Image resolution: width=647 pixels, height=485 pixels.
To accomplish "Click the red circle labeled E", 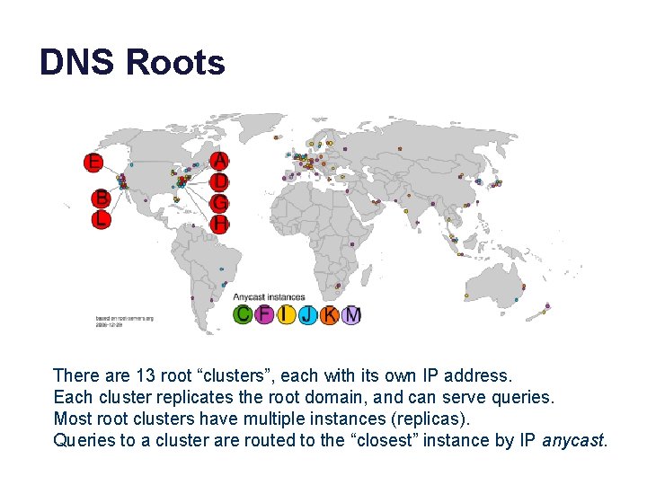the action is pyautogui.click(x=93, y=163).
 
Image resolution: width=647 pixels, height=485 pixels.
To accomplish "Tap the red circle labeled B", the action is pyautogui.click(x=102, y=198).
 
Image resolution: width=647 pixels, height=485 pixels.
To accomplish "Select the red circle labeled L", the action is pyautogui.click(x=102, y=219).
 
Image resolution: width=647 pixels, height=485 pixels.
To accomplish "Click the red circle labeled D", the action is pyautogui.click(x=219, y=182).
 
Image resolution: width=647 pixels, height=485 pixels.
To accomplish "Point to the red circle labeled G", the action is pyautogui.click(x=219, y=203).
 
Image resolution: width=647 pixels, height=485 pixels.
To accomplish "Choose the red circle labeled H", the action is pyautogui.click(x=219, y=223).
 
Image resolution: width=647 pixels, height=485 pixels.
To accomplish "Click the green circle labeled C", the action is pyautogui.click(x=243, y=314).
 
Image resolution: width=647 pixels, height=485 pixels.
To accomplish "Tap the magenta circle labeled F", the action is pyautogui.click(x=264, y=314).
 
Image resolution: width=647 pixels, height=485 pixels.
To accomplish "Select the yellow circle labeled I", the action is pyautogui.click(x=286, y=314).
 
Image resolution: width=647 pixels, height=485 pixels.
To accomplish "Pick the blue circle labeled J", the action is pyautogui.click(x=308, y=314).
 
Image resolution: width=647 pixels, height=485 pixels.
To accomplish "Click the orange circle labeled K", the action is pyautogui.click(x=330, y=314).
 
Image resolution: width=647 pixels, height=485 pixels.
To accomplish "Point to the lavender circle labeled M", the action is pyautogui.click(x=351, y=314).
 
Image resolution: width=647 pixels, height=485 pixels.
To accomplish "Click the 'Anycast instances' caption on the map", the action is pyautogui.click(x=269, y=296).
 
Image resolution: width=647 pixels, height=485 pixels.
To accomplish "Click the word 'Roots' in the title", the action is pyautogui.click(x=175, y=63).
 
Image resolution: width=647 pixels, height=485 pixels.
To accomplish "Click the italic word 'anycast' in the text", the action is pyautogui.click(x=574, y=440).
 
